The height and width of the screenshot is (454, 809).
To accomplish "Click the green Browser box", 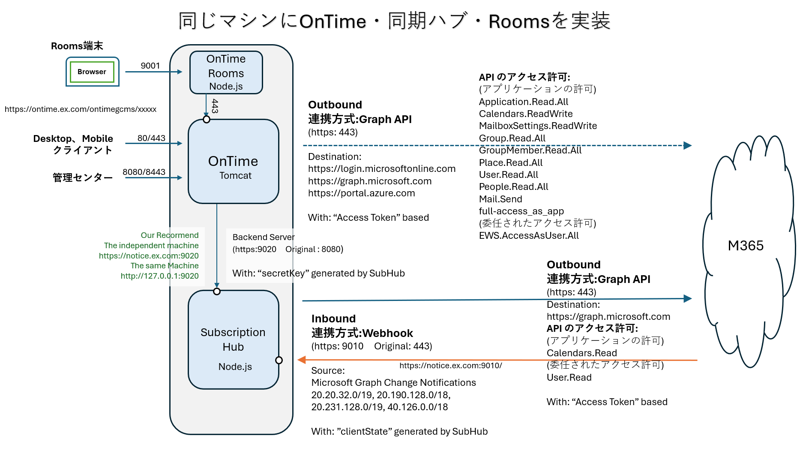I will (92, 72).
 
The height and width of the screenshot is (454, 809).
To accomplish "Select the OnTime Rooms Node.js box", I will (226, 72).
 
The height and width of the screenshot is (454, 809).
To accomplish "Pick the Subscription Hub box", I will (233, 340).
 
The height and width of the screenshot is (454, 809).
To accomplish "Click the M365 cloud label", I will (746, 246).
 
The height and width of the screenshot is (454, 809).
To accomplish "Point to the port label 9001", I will (150, 66).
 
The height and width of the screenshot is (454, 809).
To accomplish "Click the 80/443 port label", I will (151, 138).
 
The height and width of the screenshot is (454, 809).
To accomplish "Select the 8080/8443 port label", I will (144, 172).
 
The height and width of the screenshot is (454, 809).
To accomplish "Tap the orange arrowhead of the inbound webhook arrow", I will (302, 360).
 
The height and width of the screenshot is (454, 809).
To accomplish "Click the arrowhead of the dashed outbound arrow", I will (687, 145).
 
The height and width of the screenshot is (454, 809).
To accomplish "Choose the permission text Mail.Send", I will (500, 199).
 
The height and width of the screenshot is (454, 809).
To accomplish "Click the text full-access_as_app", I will (521, 211).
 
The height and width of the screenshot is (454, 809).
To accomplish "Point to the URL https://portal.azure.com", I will (361, 193).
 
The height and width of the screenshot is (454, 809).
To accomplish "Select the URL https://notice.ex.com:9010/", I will (450, 365).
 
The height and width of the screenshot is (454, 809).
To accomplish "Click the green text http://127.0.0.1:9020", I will (159, 276).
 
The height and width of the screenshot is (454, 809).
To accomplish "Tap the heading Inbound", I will (333, 319).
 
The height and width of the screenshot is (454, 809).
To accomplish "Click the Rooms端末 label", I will (77, 46).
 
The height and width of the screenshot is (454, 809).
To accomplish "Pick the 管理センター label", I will (83, 177).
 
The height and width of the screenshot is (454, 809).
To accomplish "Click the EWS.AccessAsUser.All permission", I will (529, 235).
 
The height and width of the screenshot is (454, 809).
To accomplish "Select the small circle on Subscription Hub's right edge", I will (279, 360).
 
